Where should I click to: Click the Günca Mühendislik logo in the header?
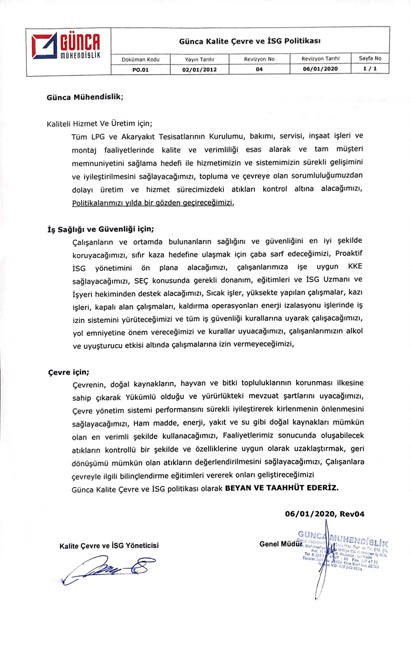click(66, 46)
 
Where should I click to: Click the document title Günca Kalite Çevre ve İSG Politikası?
click(250, 41)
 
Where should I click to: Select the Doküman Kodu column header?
click(141, 59)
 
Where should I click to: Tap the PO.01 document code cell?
click(141, 69)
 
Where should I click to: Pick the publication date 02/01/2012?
click(199, 69)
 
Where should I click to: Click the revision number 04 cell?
click(259, 69)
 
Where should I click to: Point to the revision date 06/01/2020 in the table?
click(320, 69)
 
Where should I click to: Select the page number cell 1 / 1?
click(370, 69)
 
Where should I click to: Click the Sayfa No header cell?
click(370, 58)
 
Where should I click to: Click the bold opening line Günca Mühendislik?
click(85, 97)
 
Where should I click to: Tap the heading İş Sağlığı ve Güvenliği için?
click(100, 229)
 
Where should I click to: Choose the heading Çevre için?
click(69, 372)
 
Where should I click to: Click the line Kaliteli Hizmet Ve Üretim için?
click(100, 124)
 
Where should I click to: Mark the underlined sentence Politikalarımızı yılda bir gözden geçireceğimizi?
click(153, 202)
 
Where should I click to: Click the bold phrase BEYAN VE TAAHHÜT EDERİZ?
click(282, 488)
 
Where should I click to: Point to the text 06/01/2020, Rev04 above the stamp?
click(324, 514)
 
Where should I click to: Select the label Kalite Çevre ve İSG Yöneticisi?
click(109, 546)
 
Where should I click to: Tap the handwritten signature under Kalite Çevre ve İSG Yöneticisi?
click(108, 568)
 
